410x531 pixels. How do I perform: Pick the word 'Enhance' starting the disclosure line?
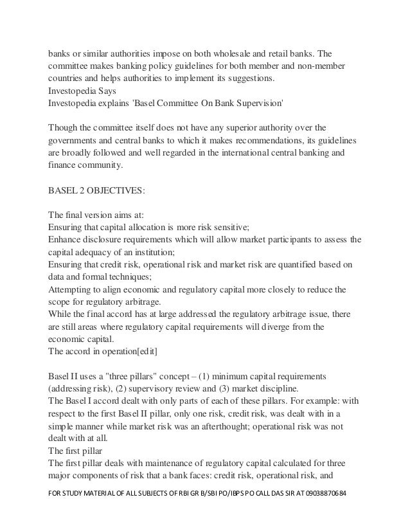tap(66, 240)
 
